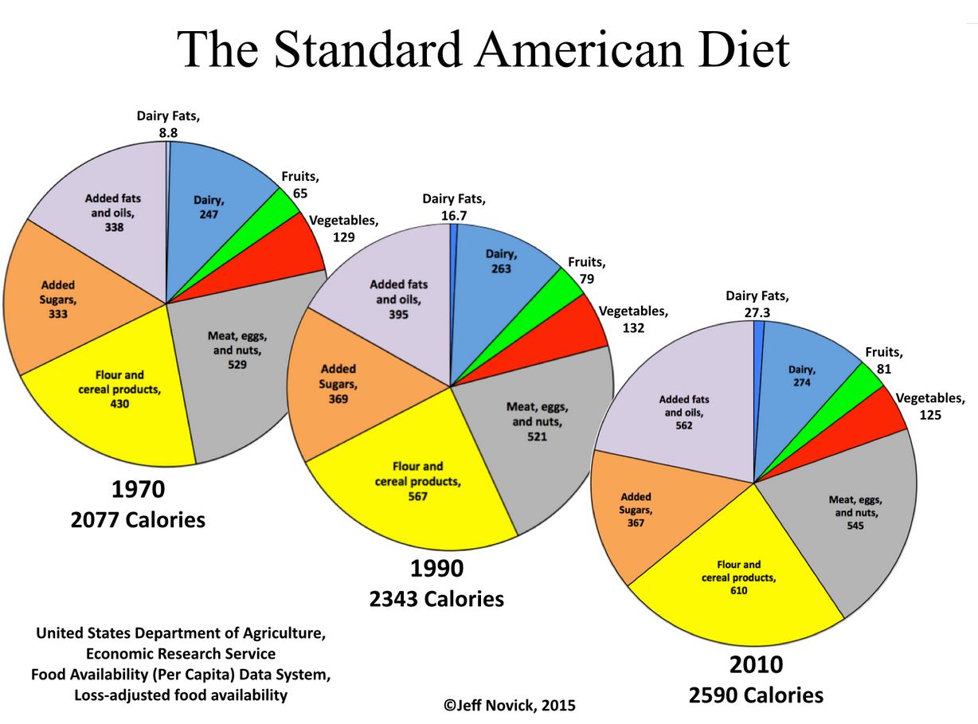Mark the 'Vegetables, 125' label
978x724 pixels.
929,406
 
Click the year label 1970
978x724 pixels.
139,491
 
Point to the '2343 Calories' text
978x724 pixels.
436,598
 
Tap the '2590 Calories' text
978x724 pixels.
756,695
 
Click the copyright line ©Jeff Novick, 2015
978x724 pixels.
509,705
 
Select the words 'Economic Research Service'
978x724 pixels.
180,654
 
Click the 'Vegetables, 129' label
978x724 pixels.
343,228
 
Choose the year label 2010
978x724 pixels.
756,665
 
